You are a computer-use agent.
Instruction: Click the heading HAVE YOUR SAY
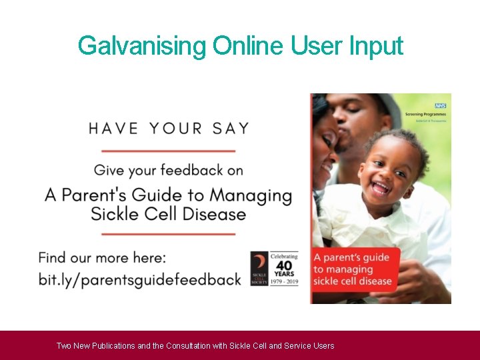tap(169, 128)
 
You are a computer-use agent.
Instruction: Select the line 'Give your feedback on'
tap(169, 170)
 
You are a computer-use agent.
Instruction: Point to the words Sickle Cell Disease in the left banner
tap(168, 215)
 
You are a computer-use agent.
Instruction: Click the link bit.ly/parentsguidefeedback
tap(139, 279)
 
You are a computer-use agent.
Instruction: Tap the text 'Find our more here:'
tap(102, 257)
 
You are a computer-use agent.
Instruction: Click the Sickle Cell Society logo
tap(259, 269)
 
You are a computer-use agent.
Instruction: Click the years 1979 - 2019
tap(284, 281)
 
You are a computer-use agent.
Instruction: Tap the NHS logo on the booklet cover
tap(440, 105)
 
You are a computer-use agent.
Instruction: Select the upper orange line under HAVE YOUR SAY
tap(169, 150)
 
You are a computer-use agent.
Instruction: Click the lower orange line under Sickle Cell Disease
tap(169, 234)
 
